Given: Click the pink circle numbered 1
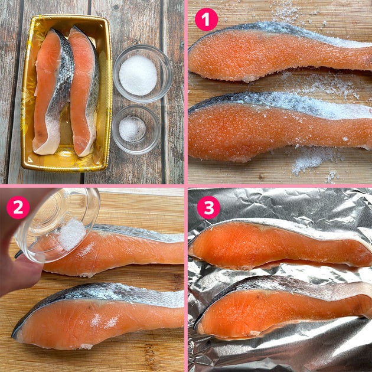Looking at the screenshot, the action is [x=206, y=19].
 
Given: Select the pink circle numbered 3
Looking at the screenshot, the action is [x=208, y=207].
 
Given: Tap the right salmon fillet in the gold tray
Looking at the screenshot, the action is [x=84, y=92].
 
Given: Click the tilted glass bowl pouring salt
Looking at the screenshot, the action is [x=57, y=226].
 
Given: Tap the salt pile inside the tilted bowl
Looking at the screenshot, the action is [x=72, y=234].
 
